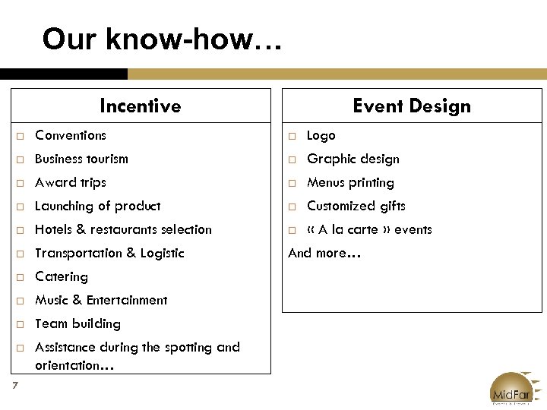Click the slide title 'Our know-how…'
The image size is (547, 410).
point(162,39)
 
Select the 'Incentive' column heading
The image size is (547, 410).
point(140,106)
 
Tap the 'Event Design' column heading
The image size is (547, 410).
point(411,106)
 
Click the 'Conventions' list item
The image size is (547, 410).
point(71,135)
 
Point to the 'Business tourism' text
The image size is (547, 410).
point(81,159)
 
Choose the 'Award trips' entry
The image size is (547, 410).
point(71,182)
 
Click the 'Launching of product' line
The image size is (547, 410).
point(97,206)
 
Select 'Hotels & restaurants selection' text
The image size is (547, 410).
point(123,229)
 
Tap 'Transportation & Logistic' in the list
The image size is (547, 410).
point(109,253)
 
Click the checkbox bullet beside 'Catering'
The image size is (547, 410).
point(20,277)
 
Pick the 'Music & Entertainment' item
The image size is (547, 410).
point(101,300)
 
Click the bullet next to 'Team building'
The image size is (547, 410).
point(20,324)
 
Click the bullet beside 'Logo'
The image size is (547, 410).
point(292,136)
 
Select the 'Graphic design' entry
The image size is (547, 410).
point(353,159)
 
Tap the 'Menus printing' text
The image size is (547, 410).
point(350,182)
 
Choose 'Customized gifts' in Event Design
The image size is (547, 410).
point(356,206)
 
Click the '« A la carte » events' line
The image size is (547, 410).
point(369,229)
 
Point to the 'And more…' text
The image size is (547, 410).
point(324,253)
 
